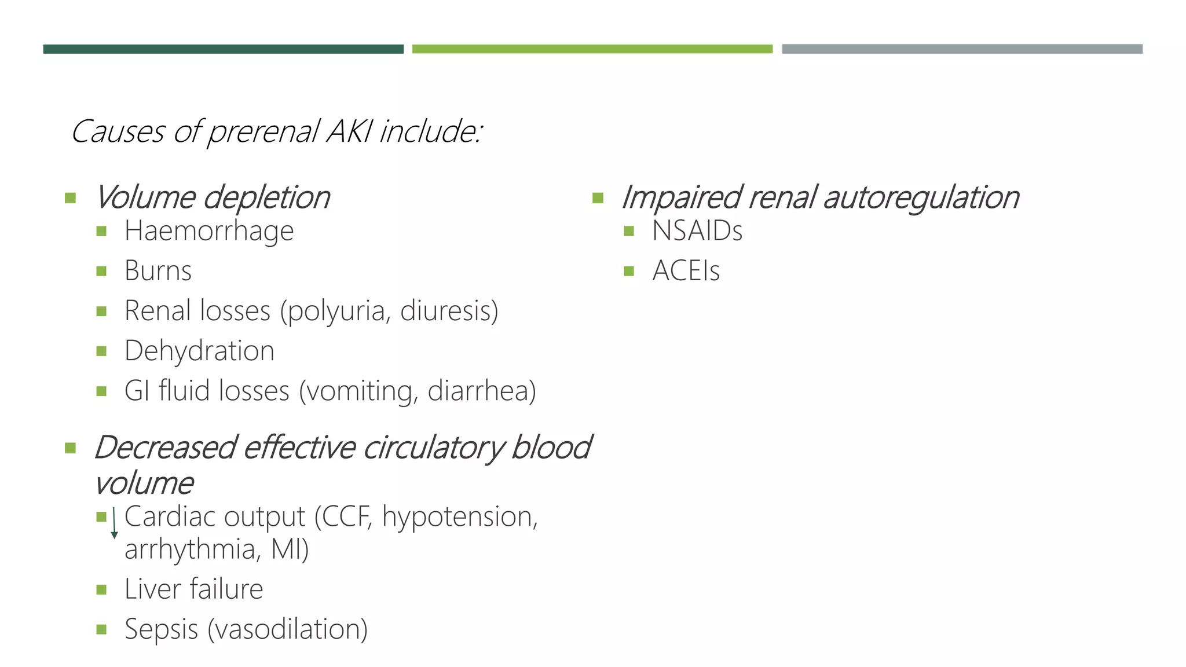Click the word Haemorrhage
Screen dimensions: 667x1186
209,231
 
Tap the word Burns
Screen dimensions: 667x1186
158,271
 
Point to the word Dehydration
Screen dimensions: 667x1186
199,351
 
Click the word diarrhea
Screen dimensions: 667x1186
481,391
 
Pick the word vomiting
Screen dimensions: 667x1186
359,391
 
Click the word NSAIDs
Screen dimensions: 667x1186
697,231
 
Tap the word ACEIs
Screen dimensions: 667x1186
686,271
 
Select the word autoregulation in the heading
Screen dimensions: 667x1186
921,197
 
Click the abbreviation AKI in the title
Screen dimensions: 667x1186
350,131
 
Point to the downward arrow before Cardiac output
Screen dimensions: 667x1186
114,523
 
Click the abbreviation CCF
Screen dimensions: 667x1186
345,516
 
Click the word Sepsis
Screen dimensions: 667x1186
161,629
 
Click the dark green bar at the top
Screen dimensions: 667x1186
223,49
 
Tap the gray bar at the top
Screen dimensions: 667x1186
962,49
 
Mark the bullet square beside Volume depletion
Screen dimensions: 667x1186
71,199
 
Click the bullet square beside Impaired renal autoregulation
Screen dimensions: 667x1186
598,199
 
